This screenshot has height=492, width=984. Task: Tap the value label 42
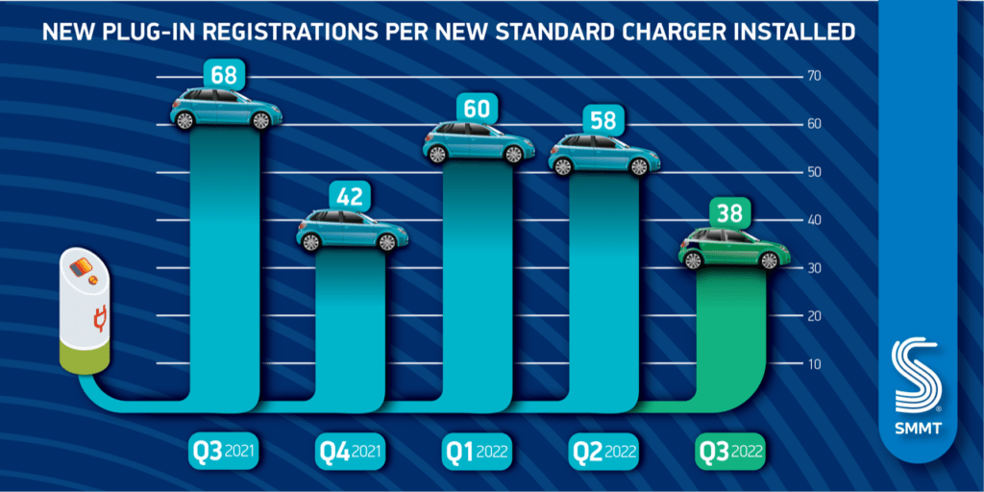[x=351, y=196]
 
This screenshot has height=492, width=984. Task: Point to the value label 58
[x=604, y=120]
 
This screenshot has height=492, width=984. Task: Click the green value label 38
[x=731, y=212]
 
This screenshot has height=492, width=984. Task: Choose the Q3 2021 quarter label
[x=225, y=451]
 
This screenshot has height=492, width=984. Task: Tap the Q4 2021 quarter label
[x=351, y=451]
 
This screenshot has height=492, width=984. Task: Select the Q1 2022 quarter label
[x=478, y=451]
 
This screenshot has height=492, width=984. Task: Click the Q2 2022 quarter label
[x=604, y=451]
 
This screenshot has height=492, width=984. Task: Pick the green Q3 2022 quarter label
[x=731, y=451]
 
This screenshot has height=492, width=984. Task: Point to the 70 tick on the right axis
[x=813, y=76]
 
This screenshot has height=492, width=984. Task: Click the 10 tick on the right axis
[x=813, y=363]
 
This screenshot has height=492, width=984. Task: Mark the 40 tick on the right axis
[x=813, y=220]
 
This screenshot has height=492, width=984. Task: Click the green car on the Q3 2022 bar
[x=734, y=250]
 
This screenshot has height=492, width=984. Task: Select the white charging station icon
[x=86, y=312]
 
